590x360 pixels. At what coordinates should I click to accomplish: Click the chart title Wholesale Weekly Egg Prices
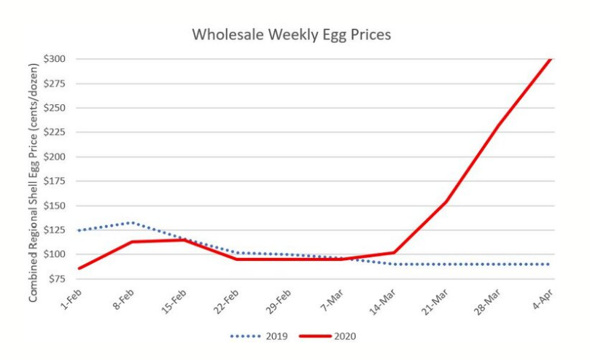pyautogui.click(x=291, y=34)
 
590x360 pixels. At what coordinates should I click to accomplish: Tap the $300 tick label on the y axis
pyautogui.click(x=63, y=59)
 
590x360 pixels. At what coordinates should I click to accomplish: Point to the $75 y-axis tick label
pyautogui.click(x=65, y=279)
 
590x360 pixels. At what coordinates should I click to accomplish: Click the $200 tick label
pyautogui.click(x=63, y=157)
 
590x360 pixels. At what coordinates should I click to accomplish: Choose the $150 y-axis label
pyautogui.click(x=63, y=206)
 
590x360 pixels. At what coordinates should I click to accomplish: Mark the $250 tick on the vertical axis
pyautogui.click(x=63, y=108)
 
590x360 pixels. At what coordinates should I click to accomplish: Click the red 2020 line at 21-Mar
pyautogui.click(x=446, y=202)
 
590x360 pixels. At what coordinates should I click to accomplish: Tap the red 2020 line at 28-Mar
pyautogui.click(x=498, y=126)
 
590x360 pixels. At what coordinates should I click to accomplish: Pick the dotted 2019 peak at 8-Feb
pyautogui.click(x=131, y=222)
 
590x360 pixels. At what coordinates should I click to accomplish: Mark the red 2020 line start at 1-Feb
pyautogui.click(x=78, y=268)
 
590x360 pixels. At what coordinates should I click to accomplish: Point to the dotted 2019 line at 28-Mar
pyautogui.click(x=498, y=264)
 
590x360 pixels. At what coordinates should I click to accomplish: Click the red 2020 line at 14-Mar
pyautogui.click(x=393, y=253)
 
